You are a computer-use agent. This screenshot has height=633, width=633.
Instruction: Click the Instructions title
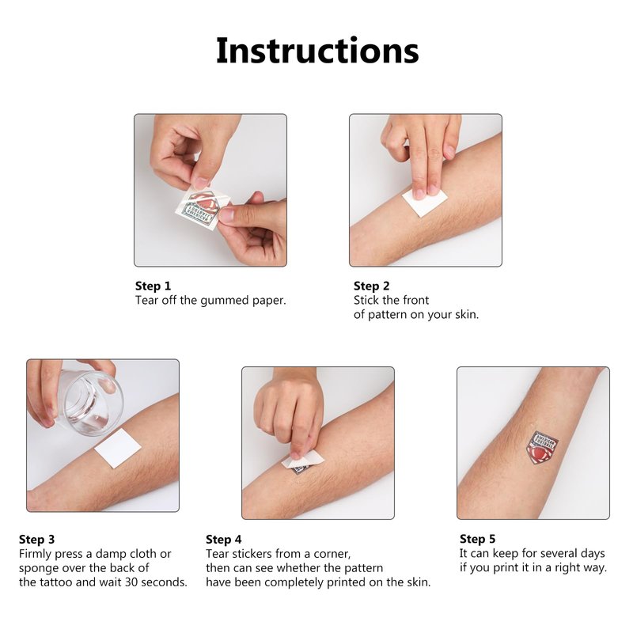coord(317,51)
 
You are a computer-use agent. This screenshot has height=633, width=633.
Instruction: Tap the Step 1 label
coord(153,286)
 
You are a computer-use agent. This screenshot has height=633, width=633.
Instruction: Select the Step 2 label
coord(371,286)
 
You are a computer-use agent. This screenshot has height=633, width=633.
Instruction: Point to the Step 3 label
coord(36,540)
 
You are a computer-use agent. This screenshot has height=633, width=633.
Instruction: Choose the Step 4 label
coord(224,540)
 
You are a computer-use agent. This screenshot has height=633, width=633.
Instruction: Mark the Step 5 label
coord(478,540)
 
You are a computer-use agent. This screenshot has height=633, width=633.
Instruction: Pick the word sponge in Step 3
coord(39,569)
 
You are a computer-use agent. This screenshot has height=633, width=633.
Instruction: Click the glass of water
coord(90,402)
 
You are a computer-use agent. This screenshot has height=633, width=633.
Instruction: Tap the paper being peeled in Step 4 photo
coord(303,461)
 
